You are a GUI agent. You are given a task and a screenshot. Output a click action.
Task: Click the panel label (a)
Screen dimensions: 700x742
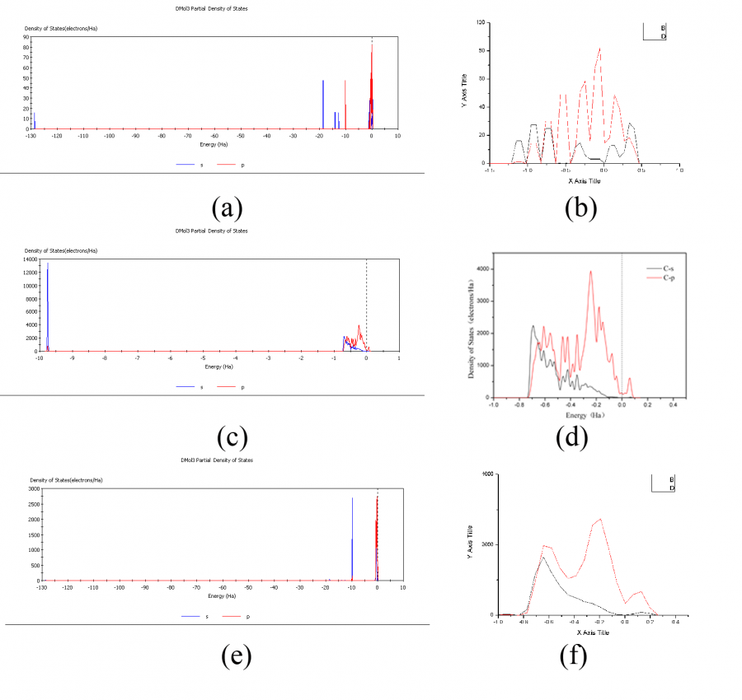[226, 208]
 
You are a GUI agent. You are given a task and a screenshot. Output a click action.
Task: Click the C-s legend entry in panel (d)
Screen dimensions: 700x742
[657, 268]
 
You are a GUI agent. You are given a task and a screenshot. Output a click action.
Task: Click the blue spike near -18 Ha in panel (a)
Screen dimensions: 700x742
[323, 104]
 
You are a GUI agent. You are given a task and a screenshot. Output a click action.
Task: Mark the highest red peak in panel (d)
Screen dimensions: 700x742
[590, 273]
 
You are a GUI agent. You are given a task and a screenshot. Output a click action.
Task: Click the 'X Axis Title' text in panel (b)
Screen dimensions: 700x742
[586, 180]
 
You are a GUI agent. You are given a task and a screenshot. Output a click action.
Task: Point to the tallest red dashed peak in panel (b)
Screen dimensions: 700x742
[599, 49]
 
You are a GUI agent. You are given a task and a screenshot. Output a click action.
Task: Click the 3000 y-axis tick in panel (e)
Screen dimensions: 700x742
[27, 489]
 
